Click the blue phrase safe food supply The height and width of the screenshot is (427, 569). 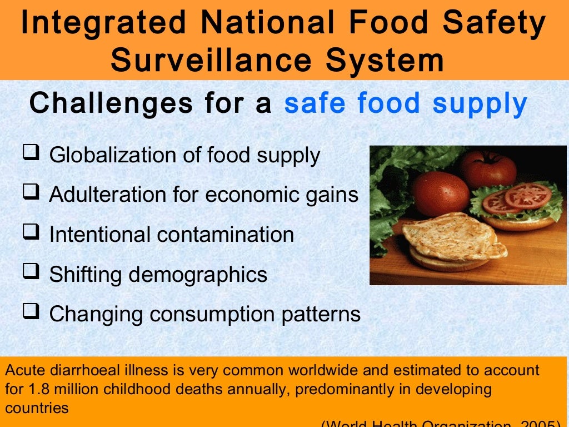point(406,103)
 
